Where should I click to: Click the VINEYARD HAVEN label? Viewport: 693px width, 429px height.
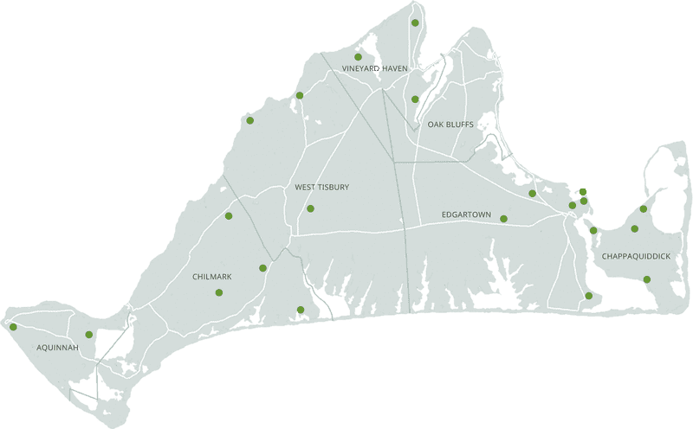click(374, 68)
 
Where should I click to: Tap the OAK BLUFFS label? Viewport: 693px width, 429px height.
click(450, 125)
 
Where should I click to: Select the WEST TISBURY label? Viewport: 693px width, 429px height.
click(321, 186)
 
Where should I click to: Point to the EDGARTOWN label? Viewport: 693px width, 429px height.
click(466, 213)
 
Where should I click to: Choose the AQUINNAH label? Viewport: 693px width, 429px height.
click(58, 348)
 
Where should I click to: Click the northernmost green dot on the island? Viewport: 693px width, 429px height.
click(416, 22)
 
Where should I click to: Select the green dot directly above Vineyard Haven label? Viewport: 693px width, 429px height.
click(358, 57)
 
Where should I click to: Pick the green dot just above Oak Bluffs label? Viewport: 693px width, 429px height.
click(415, 99)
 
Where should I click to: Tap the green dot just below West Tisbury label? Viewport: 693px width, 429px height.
click(310, 208)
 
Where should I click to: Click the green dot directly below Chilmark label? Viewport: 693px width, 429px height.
click(218, 292)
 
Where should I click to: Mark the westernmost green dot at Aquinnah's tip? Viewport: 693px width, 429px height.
click(13, 327)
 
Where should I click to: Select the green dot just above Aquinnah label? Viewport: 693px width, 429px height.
click(89, 335)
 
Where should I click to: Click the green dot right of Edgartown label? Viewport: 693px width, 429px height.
click(503, 219)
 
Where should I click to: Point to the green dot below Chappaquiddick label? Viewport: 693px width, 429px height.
click(647, 279)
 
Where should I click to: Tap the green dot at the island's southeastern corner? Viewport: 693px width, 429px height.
click(589, 297)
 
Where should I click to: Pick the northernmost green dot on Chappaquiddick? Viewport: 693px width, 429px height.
click(644, 208)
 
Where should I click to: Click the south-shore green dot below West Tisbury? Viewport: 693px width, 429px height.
click(301, 310)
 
